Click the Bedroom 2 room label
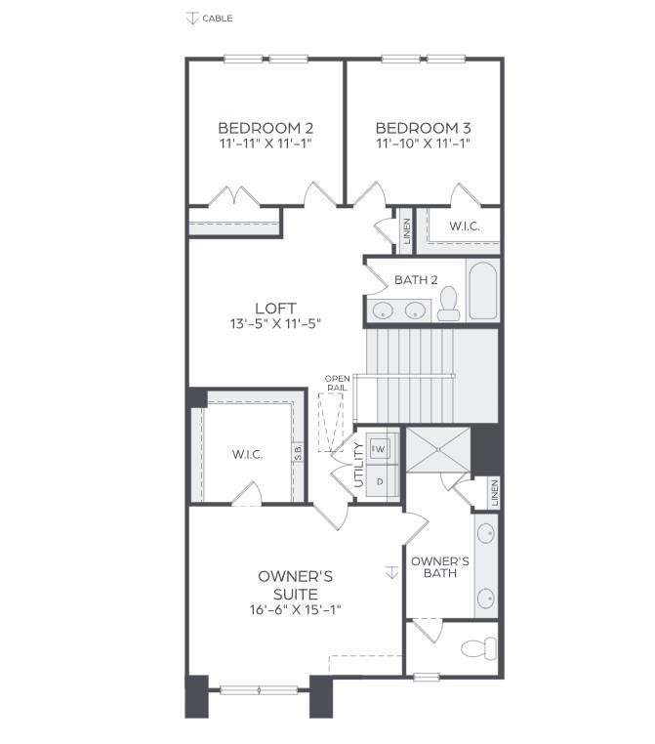(x=252, y=128)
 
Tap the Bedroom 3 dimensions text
(x=424, y=144)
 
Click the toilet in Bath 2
(x=449, y=304)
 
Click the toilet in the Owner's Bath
(x=478, y=647)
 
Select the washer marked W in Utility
(x=382, y=448)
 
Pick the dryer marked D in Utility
(x=381, y=480)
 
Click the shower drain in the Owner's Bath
(x=438, y=450)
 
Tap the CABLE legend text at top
(x=217, y=19)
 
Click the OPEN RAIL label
(x=338, y=384)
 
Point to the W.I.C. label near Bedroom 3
(x=465, y=227)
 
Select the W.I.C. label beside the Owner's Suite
(x=247, y=454)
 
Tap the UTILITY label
(x=359, y=465)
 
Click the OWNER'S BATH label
(x=439, y=567)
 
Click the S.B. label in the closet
(x=298, y=453)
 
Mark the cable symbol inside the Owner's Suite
(x=391, y=572)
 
